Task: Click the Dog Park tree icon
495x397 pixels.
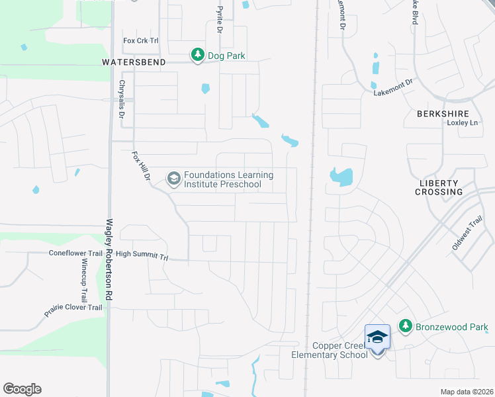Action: (198, 56)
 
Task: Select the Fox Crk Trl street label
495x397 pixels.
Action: (141, 40)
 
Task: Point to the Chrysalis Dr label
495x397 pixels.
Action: (122, 100)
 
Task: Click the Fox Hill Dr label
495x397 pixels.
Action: (141, 167)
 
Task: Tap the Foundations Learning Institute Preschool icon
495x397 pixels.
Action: (173, 179)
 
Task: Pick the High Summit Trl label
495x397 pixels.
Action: (142, 254)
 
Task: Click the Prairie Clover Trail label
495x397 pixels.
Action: (73, 307)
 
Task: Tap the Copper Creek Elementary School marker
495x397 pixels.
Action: (377, 338)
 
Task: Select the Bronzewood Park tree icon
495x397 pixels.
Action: (405, 326)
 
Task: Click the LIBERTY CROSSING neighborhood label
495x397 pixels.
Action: (439, 187)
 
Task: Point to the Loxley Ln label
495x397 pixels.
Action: (462, 123)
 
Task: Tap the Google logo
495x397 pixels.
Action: (22, 389)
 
